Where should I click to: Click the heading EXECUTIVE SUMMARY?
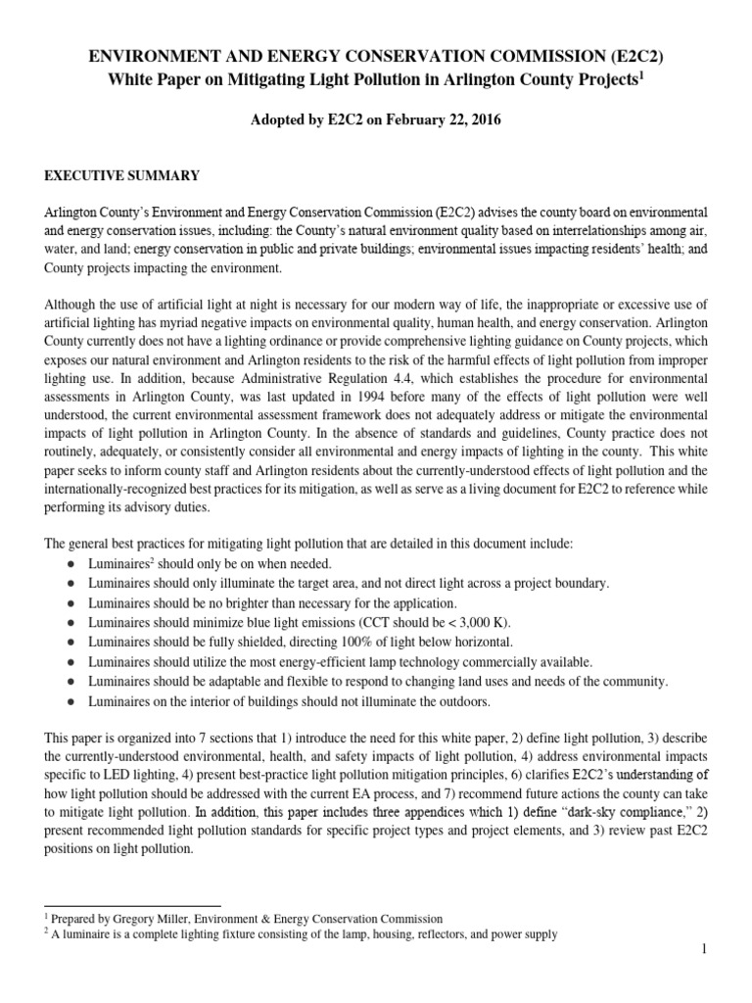coord(121,175)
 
